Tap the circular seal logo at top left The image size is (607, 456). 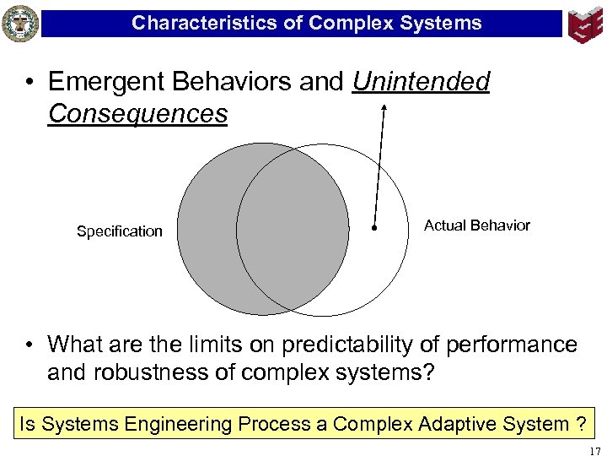pyautogui.click(x=20, y=23)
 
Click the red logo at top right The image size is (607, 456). pyautogui.click(x=585, y=23)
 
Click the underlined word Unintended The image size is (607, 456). pyautogui.click(x=421, y=82)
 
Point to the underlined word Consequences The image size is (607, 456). pyautogui.click(x=137, y=113)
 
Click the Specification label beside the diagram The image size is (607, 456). pyautogui.click(x=120, y=231)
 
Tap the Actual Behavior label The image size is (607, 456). pyautogui.click(x=477, y=225)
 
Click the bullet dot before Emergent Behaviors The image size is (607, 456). pyautogui.click(x=30, y=83)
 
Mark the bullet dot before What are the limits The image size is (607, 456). pyautogui.click(x=30, y=345)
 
